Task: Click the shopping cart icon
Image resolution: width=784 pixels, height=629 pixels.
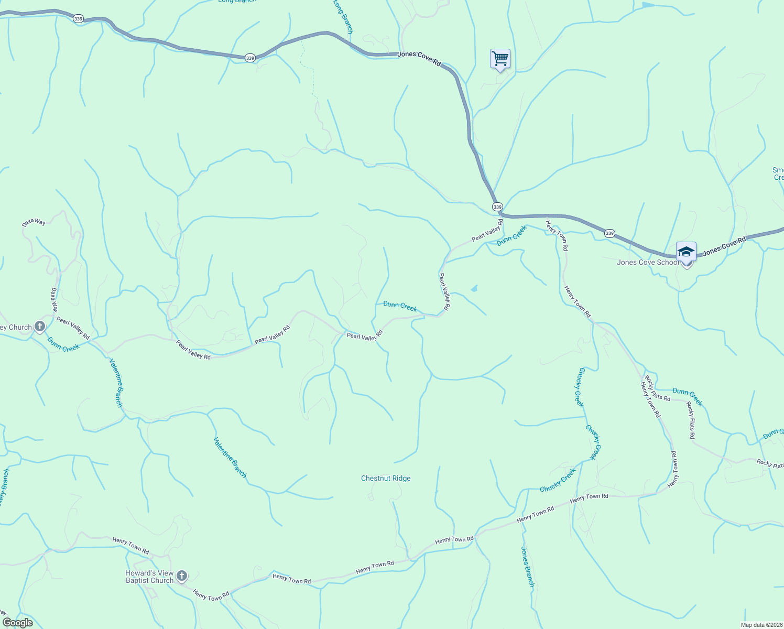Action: click(x=500, y=59)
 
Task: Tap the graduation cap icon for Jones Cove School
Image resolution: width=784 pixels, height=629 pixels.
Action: click(x=686, y=252)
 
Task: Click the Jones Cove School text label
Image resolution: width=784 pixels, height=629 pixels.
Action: click(x=647, y=262)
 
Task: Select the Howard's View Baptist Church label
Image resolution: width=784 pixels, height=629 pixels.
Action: click(x=149, y=577)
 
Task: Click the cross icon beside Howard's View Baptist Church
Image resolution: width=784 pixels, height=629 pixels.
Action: click(x=181, y=577)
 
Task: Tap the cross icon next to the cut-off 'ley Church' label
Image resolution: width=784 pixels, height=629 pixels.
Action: click(x=40, y=327)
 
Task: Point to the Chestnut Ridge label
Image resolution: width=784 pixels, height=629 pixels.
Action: click(x=386, y=478)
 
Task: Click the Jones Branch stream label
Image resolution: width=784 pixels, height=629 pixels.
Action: click(x=527, y=566)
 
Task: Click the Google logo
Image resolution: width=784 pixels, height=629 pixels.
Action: click(x=17, y=623)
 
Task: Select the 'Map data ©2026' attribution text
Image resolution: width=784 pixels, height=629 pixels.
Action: click(x=761, y=625)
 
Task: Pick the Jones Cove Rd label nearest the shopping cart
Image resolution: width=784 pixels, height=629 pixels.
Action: click(x=419, y=58)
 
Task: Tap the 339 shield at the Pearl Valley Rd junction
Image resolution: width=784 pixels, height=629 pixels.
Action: click(x=497, y=207)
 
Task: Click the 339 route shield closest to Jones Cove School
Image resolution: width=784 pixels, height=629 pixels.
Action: click(x=609, y=233)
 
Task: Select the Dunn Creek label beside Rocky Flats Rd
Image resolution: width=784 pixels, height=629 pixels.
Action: click(x=687, y=397)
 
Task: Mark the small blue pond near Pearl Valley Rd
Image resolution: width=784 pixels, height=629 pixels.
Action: click(x=474, y=288)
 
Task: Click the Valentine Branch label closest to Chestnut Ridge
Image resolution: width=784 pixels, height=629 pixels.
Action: click(x=230, y=457)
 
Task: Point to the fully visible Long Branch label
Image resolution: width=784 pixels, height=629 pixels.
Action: click(x=343, y=17)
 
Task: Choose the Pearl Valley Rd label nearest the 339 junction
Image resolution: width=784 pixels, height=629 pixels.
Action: click(x=487, y=231)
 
